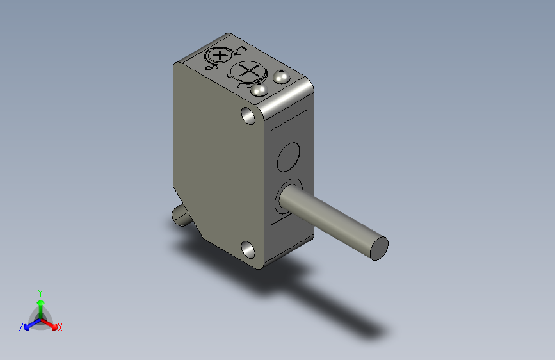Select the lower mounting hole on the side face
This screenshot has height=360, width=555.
point(246,247)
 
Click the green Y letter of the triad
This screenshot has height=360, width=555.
point(40,292)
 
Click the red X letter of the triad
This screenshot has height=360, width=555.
point(60,327)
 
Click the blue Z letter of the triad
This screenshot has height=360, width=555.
point(21,327)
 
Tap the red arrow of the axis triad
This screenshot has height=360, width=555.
point(52,323)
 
